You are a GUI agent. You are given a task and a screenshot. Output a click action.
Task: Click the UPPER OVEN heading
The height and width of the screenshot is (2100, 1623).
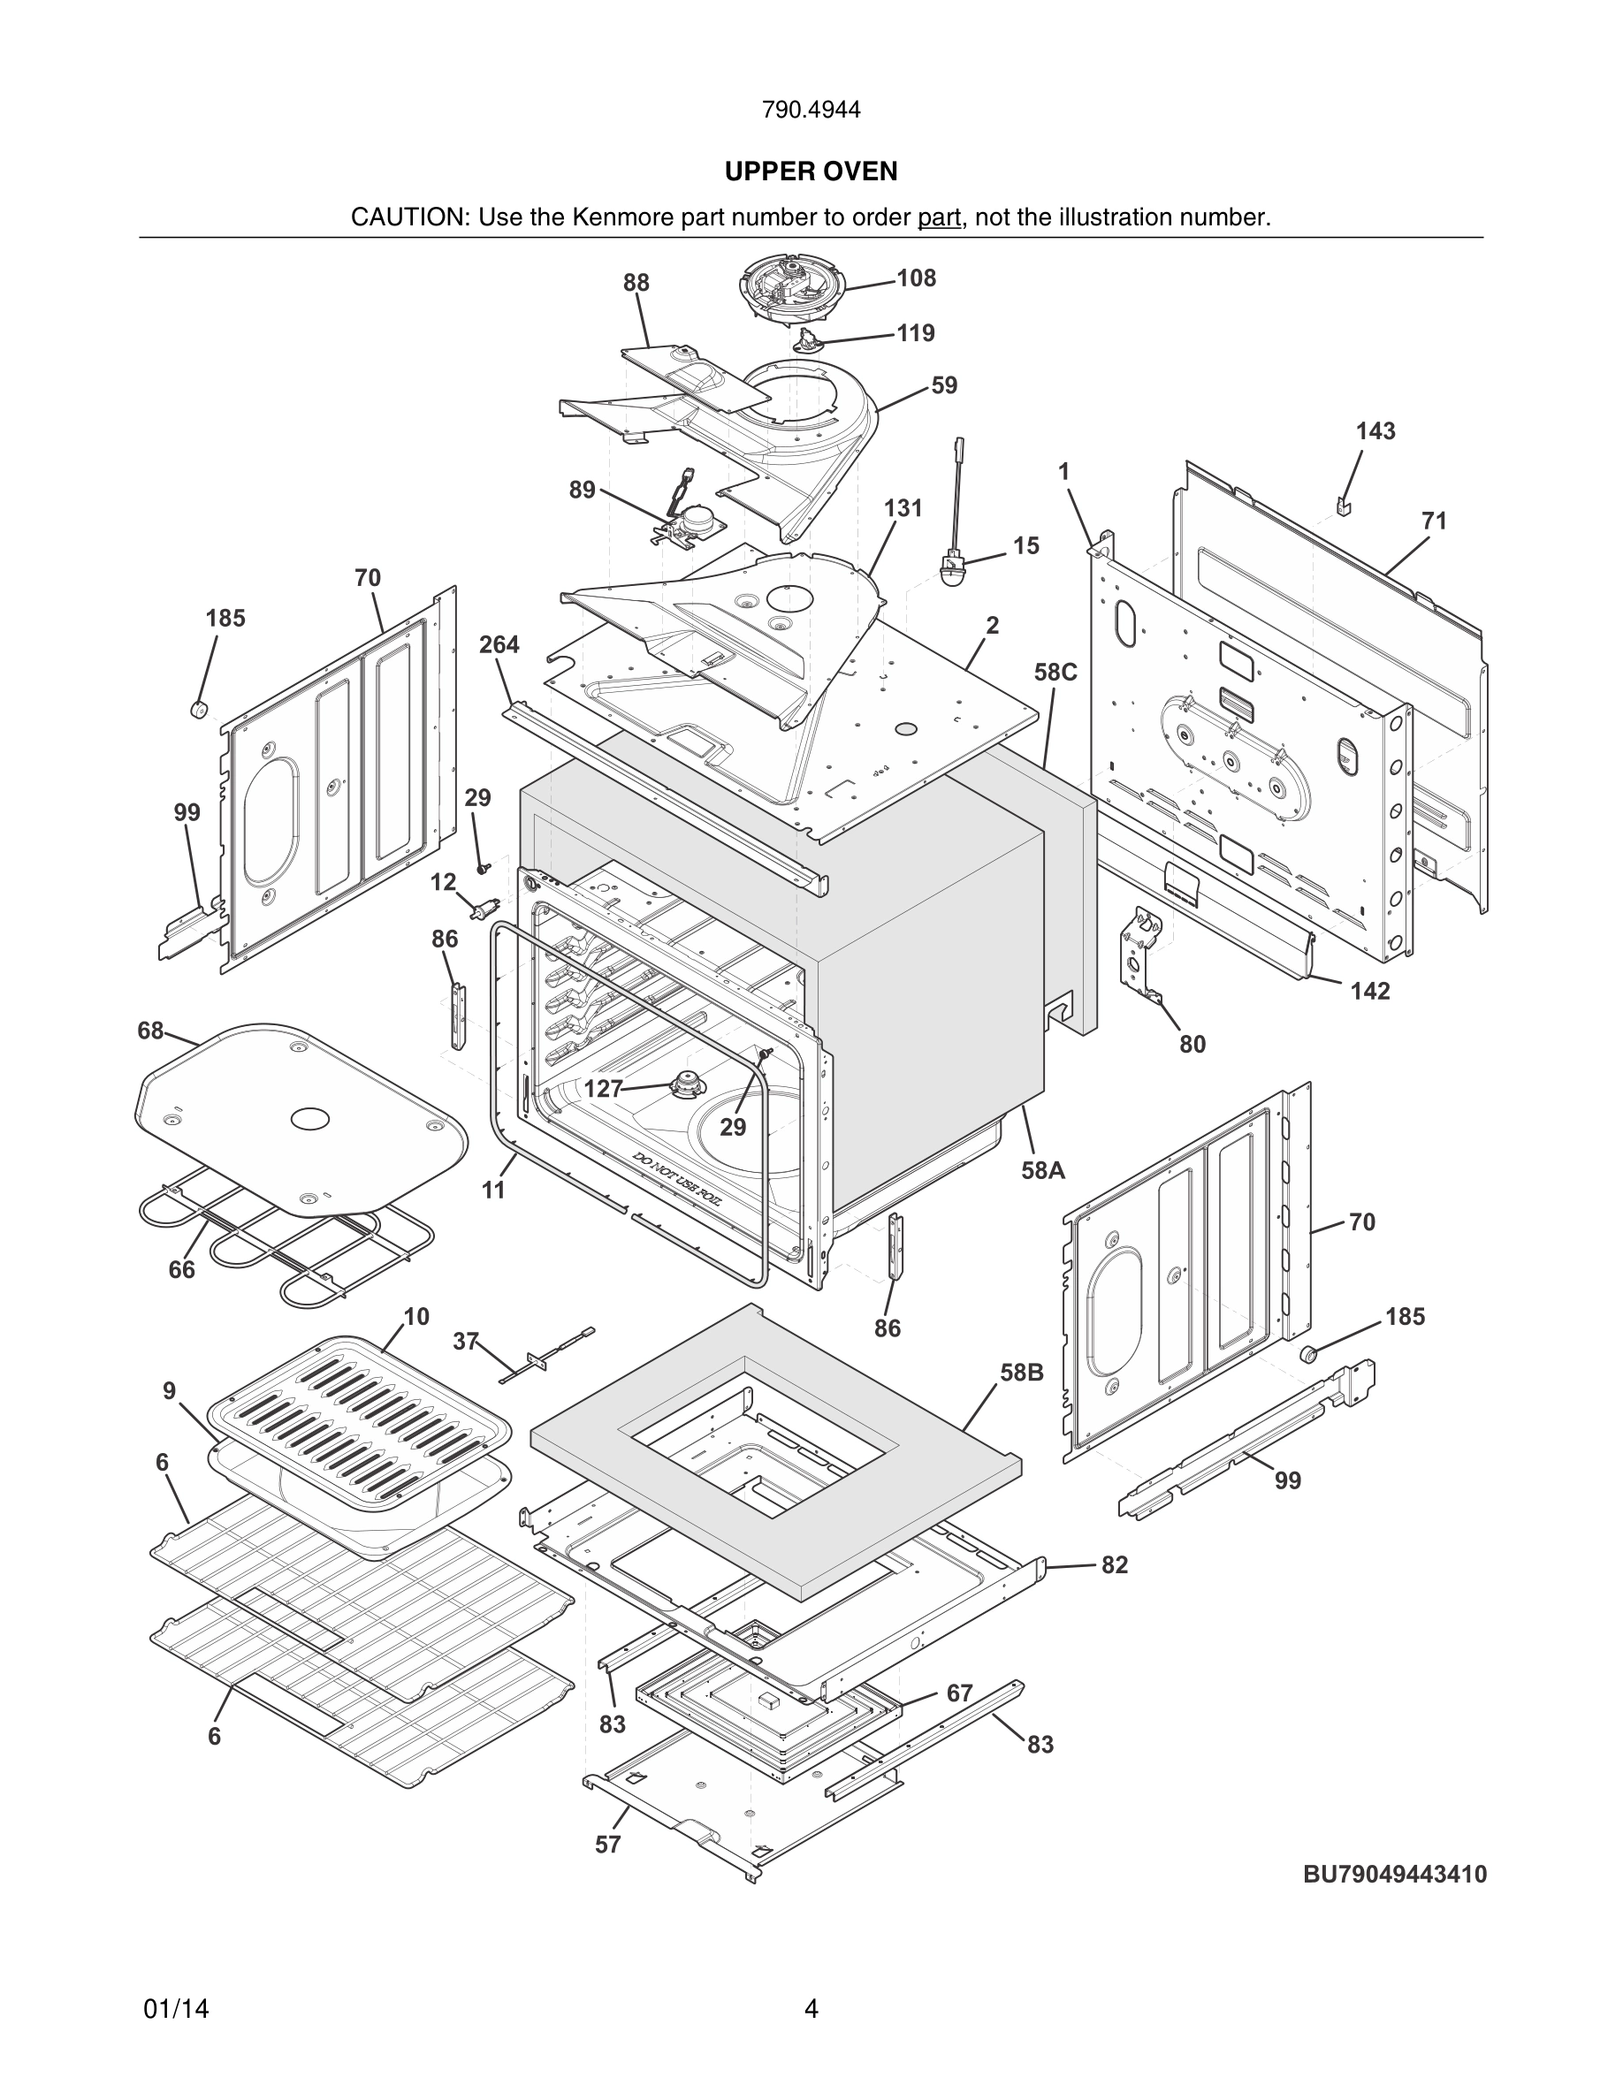pyautogui.click(x=811, y=171)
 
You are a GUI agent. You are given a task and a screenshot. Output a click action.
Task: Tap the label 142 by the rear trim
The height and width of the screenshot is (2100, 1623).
pyautogui.click(x=1369, y=991)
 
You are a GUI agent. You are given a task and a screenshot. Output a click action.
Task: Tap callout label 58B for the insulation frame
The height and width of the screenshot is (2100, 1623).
pyautogui.click(x=1021, y=1372)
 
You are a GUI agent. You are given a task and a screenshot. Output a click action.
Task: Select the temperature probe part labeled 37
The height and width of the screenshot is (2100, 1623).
pyautogui.click(x=544, y=1357)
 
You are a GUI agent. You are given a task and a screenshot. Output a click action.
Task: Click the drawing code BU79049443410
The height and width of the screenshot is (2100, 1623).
pyautogui.click(x=1394, y=1874)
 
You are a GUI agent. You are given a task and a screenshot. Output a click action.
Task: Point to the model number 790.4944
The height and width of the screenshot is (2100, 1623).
pyautogui.click(x=811, y=110)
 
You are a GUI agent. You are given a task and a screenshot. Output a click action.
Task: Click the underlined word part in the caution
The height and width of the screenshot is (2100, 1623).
pyautogui.click(x=939, y=217)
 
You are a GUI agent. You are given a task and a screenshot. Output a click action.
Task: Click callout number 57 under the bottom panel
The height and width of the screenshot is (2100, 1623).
pyautogui.click(x=607, y=1845)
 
